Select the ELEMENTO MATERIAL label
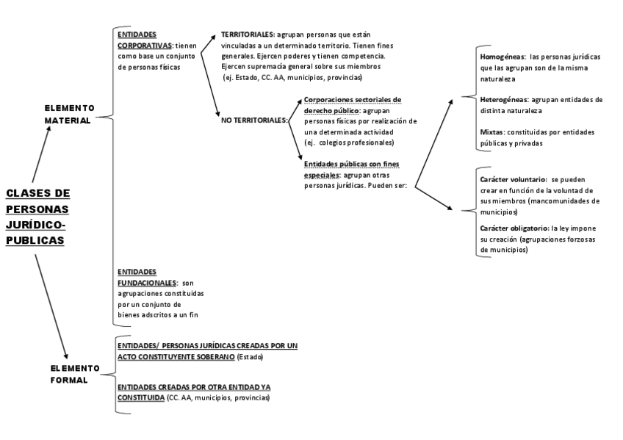69,114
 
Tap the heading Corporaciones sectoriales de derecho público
353,104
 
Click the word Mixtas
491,132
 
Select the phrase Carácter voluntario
512,179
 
